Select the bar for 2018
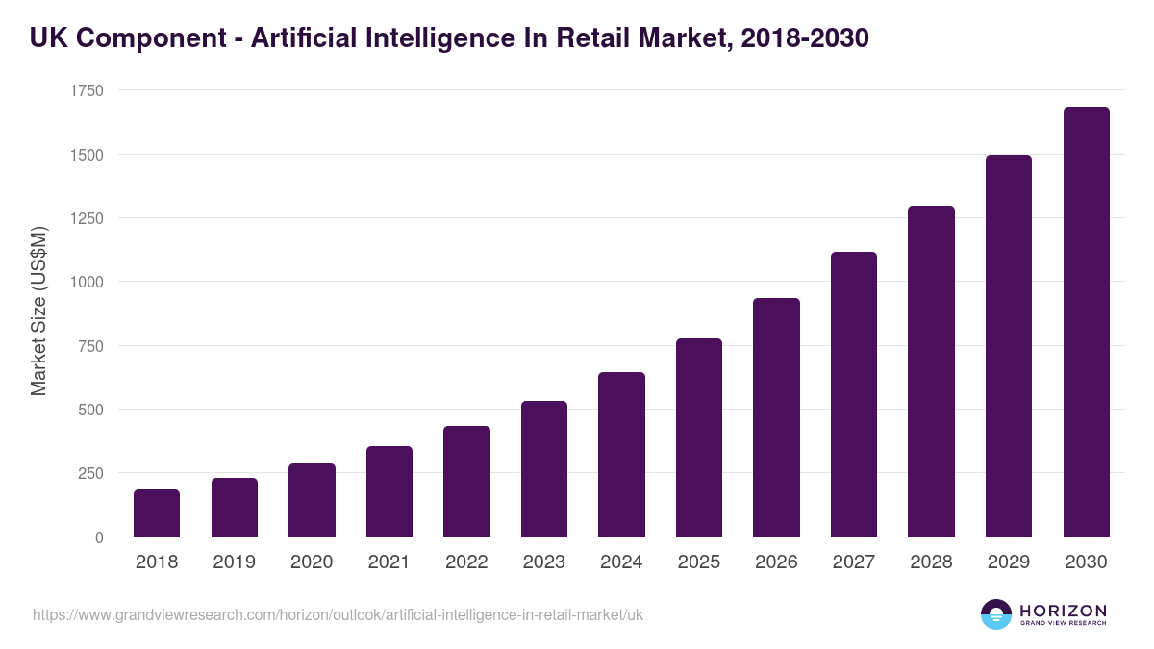pyautogui.click(x=157, y=513)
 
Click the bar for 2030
pyautogui.click(x=1086, y=322)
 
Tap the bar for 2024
pyautogui.click(x=621, y=455)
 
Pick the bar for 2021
pyautogui.click(x=389, y=491)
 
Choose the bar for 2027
pyautogui.click(x=854, y=394)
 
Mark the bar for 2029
pyautogui.click(x=1009, y=346)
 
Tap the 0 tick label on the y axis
pyautogui.click(x=99, y=537)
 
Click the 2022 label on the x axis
pyautogui.click(x=466, y=562)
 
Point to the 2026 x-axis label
pyautogui.click(x=776, y=562)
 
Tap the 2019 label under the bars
pyautogui.click(x=234, y=562)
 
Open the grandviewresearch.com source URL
pyautogui.click(x=338, y=614)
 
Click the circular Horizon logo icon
pyautogui.click(x=995, y=614)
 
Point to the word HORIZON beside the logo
pyautogui.click(x=1063, y=611)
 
